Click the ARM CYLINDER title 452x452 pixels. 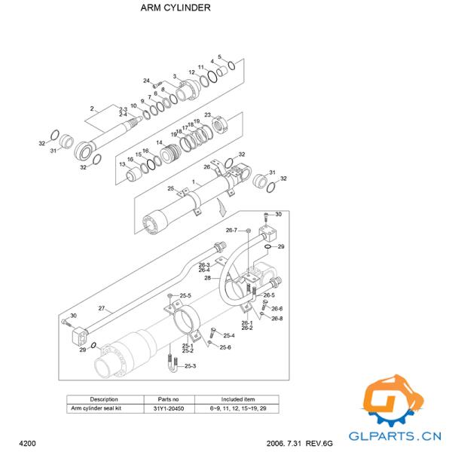click(x=176, y=8)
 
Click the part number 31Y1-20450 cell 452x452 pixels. click(x=169, y=408)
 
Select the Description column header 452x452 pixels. click(x=104, y=399)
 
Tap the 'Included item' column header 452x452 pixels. click(x=238, y=399)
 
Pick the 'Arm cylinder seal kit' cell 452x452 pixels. click(x=96, y=408)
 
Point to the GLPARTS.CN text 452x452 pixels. click(x=395, y=436)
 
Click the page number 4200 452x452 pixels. click(x=27, y=443)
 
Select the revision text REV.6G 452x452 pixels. click(x=319, y=443)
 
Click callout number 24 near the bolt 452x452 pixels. click(x=146, y=81)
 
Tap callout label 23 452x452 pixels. click(x=208, y=115)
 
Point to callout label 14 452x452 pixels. click(x=159, y=142)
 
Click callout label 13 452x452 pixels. click(x=122, y=164)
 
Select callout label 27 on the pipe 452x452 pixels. click(x=102, y=308)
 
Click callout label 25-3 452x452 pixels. click(x=191, y=366)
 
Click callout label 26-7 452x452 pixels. click(x=231, y=230)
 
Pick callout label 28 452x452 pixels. click(x=208, y=278)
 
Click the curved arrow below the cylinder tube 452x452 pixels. click(x=222, y=207)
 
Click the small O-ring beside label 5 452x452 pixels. click(x=232, y=66)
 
